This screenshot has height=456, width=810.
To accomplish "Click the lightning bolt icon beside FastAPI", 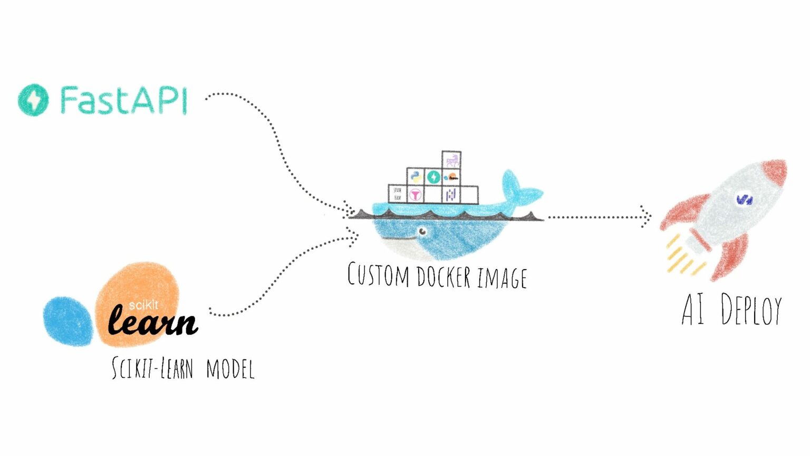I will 33,100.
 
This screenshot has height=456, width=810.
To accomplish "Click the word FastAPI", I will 123,100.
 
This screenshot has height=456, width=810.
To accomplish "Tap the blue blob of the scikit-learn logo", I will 68,321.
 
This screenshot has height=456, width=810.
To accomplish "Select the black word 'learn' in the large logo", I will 152,321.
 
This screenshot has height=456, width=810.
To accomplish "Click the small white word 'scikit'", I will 143,305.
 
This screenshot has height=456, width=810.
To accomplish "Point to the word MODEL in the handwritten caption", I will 230,369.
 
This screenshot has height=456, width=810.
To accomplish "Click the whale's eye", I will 422,231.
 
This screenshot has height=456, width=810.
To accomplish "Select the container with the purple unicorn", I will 451,159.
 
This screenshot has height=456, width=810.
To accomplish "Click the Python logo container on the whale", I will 416,177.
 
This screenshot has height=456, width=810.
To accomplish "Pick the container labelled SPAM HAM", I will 397,194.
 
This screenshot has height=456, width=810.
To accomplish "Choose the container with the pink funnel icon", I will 416,195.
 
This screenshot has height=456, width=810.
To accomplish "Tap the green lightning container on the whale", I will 433,177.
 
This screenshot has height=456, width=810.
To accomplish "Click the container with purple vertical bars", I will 451,195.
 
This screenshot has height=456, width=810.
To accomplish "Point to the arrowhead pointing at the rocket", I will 645,217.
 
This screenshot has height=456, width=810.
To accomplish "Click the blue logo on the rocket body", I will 745,199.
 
